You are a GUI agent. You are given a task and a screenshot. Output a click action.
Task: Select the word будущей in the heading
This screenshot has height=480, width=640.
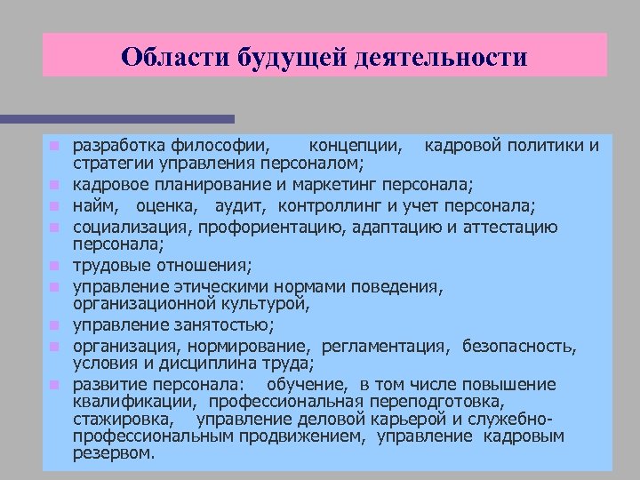(279, 58)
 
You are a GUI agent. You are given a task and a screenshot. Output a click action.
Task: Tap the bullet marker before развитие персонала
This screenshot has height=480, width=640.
(54, 386)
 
